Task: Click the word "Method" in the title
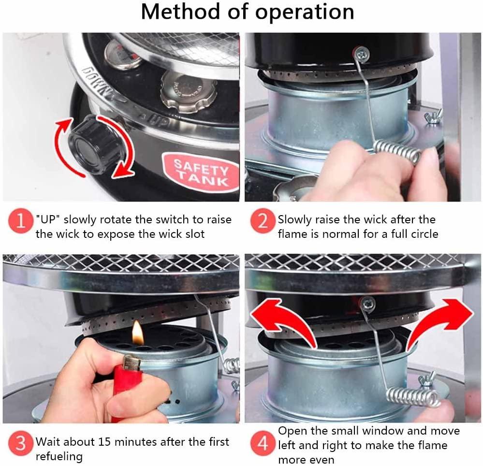[x=181, y=12]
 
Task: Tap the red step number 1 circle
[x=21, y=221]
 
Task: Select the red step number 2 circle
[x=262, y=221]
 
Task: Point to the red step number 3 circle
[x=21, y=443]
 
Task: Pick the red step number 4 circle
[x=262, y=443]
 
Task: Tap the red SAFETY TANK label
[x=201, y=172]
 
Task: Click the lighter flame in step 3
[x=138, y=333]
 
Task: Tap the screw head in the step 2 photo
[x=362, y=55]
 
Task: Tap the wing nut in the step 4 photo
[x=427, y=379]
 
